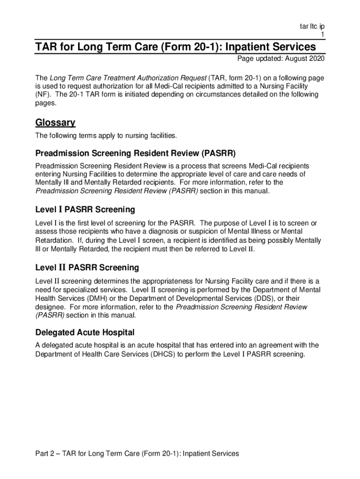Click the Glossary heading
[x=55, y=123]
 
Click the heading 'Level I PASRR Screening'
[x=85, y=209]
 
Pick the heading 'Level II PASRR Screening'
[x=87, y=268]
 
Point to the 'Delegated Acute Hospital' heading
[x=85, y=333]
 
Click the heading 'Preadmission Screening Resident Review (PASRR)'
[x=136, y=153]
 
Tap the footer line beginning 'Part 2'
[x=137, y=453]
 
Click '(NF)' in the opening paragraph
[x=43, y=94]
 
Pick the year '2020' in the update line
[x=316, y=59]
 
